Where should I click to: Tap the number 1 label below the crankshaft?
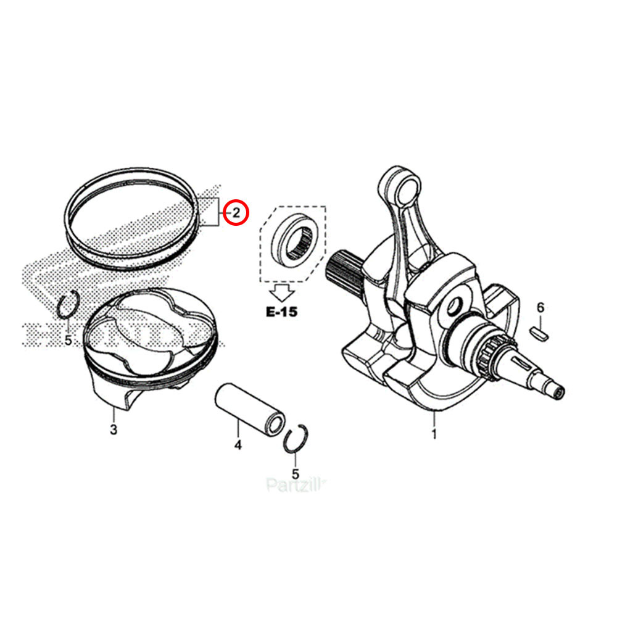[434, 434]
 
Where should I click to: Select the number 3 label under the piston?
[113, 429]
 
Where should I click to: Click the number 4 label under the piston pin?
[238, 444]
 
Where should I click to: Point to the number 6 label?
[540, 307]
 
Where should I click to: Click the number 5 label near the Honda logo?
[68, 340]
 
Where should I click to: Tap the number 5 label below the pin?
[295, 474]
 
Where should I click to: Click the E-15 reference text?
[281, 312]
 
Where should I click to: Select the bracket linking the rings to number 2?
[210, 213]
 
